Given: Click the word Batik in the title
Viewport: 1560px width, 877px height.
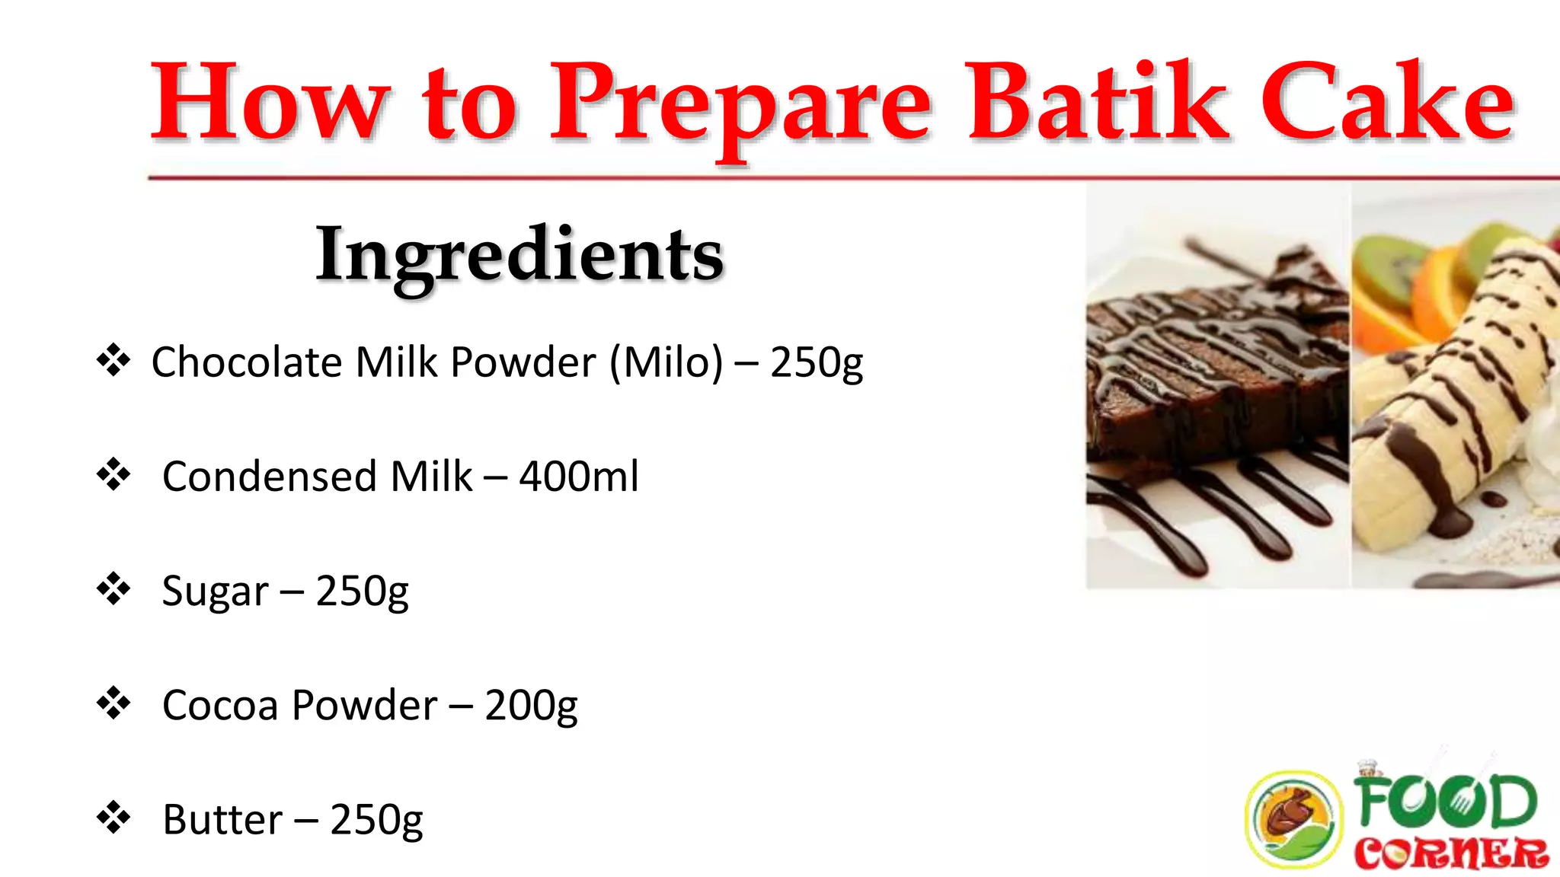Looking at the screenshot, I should (1097, 103).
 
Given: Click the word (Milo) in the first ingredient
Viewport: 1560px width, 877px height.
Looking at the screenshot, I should (666, 362).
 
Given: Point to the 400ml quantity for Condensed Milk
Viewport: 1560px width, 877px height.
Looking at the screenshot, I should (579, 477).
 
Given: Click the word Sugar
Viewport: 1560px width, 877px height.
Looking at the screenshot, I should (216, 592).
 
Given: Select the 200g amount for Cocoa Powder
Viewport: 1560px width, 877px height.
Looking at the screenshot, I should (531, 706).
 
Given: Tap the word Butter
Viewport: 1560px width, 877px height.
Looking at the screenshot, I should (222, 820).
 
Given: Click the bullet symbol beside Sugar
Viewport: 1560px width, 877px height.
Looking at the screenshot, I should (113, 588).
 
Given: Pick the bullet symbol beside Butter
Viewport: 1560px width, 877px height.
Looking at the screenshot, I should (113, 817).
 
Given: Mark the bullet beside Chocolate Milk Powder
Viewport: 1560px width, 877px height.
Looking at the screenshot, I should (113, 359).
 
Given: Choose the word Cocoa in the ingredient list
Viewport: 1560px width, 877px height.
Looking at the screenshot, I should (220, 706).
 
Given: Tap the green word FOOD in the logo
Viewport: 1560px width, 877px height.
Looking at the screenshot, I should (1445, 801).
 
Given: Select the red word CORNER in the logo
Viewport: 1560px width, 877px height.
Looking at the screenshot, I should (1451, 854).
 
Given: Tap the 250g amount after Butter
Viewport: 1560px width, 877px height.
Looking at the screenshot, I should (376, 820).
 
